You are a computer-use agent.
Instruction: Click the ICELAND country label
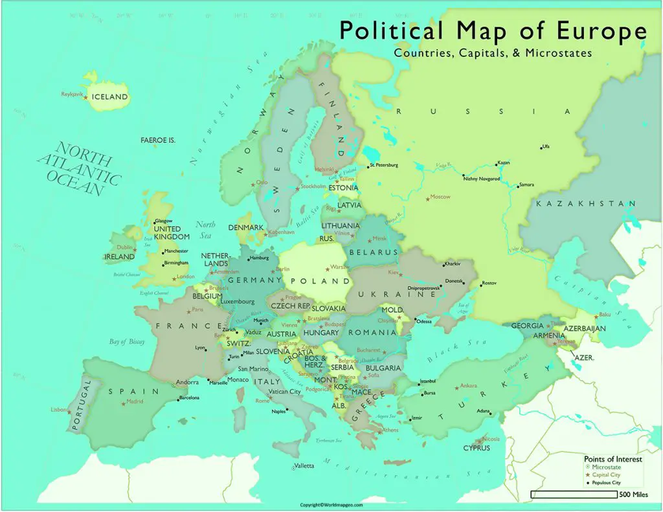109,97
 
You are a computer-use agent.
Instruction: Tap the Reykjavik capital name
73,95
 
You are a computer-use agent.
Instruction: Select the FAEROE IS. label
158,140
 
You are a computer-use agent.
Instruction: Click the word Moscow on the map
440,197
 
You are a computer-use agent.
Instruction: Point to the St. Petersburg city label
385,166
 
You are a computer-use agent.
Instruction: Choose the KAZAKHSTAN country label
587,204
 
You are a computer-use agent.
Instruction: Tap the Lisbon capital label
58,409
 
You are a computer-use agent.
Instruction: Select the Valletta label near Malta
304,466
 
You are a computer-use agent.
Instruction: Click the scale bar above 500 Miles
573,495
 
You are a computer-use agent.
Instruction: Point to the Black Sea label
446,354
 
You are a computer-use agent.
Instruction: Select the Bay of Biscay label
126,341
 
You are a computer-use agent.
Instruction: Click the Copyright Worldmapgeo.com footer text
331,505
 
